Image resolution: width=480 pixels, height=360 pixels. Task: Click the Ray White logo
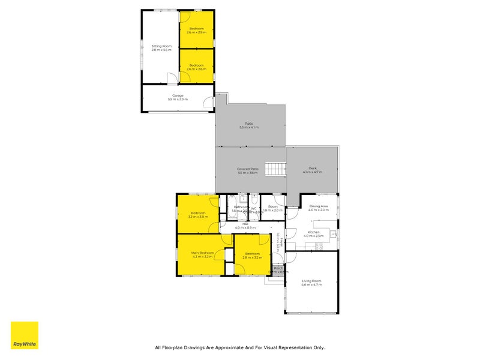coord(24,335)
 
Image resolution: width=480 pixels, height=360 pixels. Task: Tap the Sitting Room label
coord(161,46)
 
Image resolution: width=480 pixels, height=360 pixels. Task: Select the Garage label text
coord(178,95)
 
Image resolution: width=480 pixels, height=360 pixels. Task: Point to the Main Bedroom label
coord(202,253)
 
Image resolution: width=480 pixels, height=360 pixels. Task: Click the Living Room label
coord(311,281)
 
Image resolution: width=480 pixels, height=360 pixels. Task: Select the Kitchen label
coord(313,232)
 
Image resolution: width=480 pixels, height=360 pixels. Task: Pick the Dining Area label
coord(319,206)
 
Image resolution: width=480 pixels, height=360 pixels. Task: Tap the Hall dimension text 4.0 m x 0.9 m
coord(245,228)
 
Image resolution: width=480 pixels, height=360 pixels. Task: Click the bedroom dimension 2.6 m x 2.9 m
coord(196,32)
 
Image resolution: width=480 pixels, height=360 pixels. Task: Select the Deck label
coord(312,168)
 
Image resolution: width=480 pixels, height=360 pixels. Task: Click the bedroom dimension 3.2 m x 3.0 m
coord(199,217)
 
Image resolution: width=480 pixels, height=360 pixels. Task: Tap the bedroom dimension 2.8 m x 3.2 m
coord(253,257)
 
